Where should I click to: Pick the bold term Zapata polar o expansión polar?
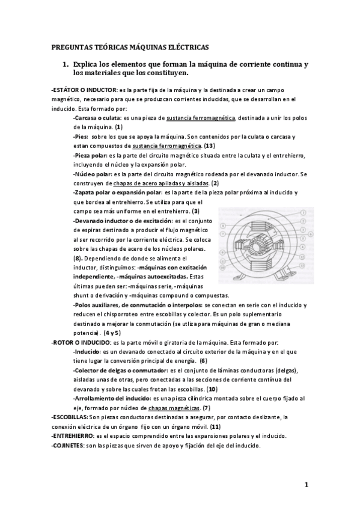coord(114,192)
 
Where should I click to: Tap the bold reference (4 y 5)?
coord(112,332)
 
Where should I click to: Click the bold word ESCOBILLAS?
coord(70,417)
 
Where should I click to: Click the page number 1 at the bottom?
coord(306,485)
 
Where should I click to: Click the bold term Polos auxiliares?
coord(98,305)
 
